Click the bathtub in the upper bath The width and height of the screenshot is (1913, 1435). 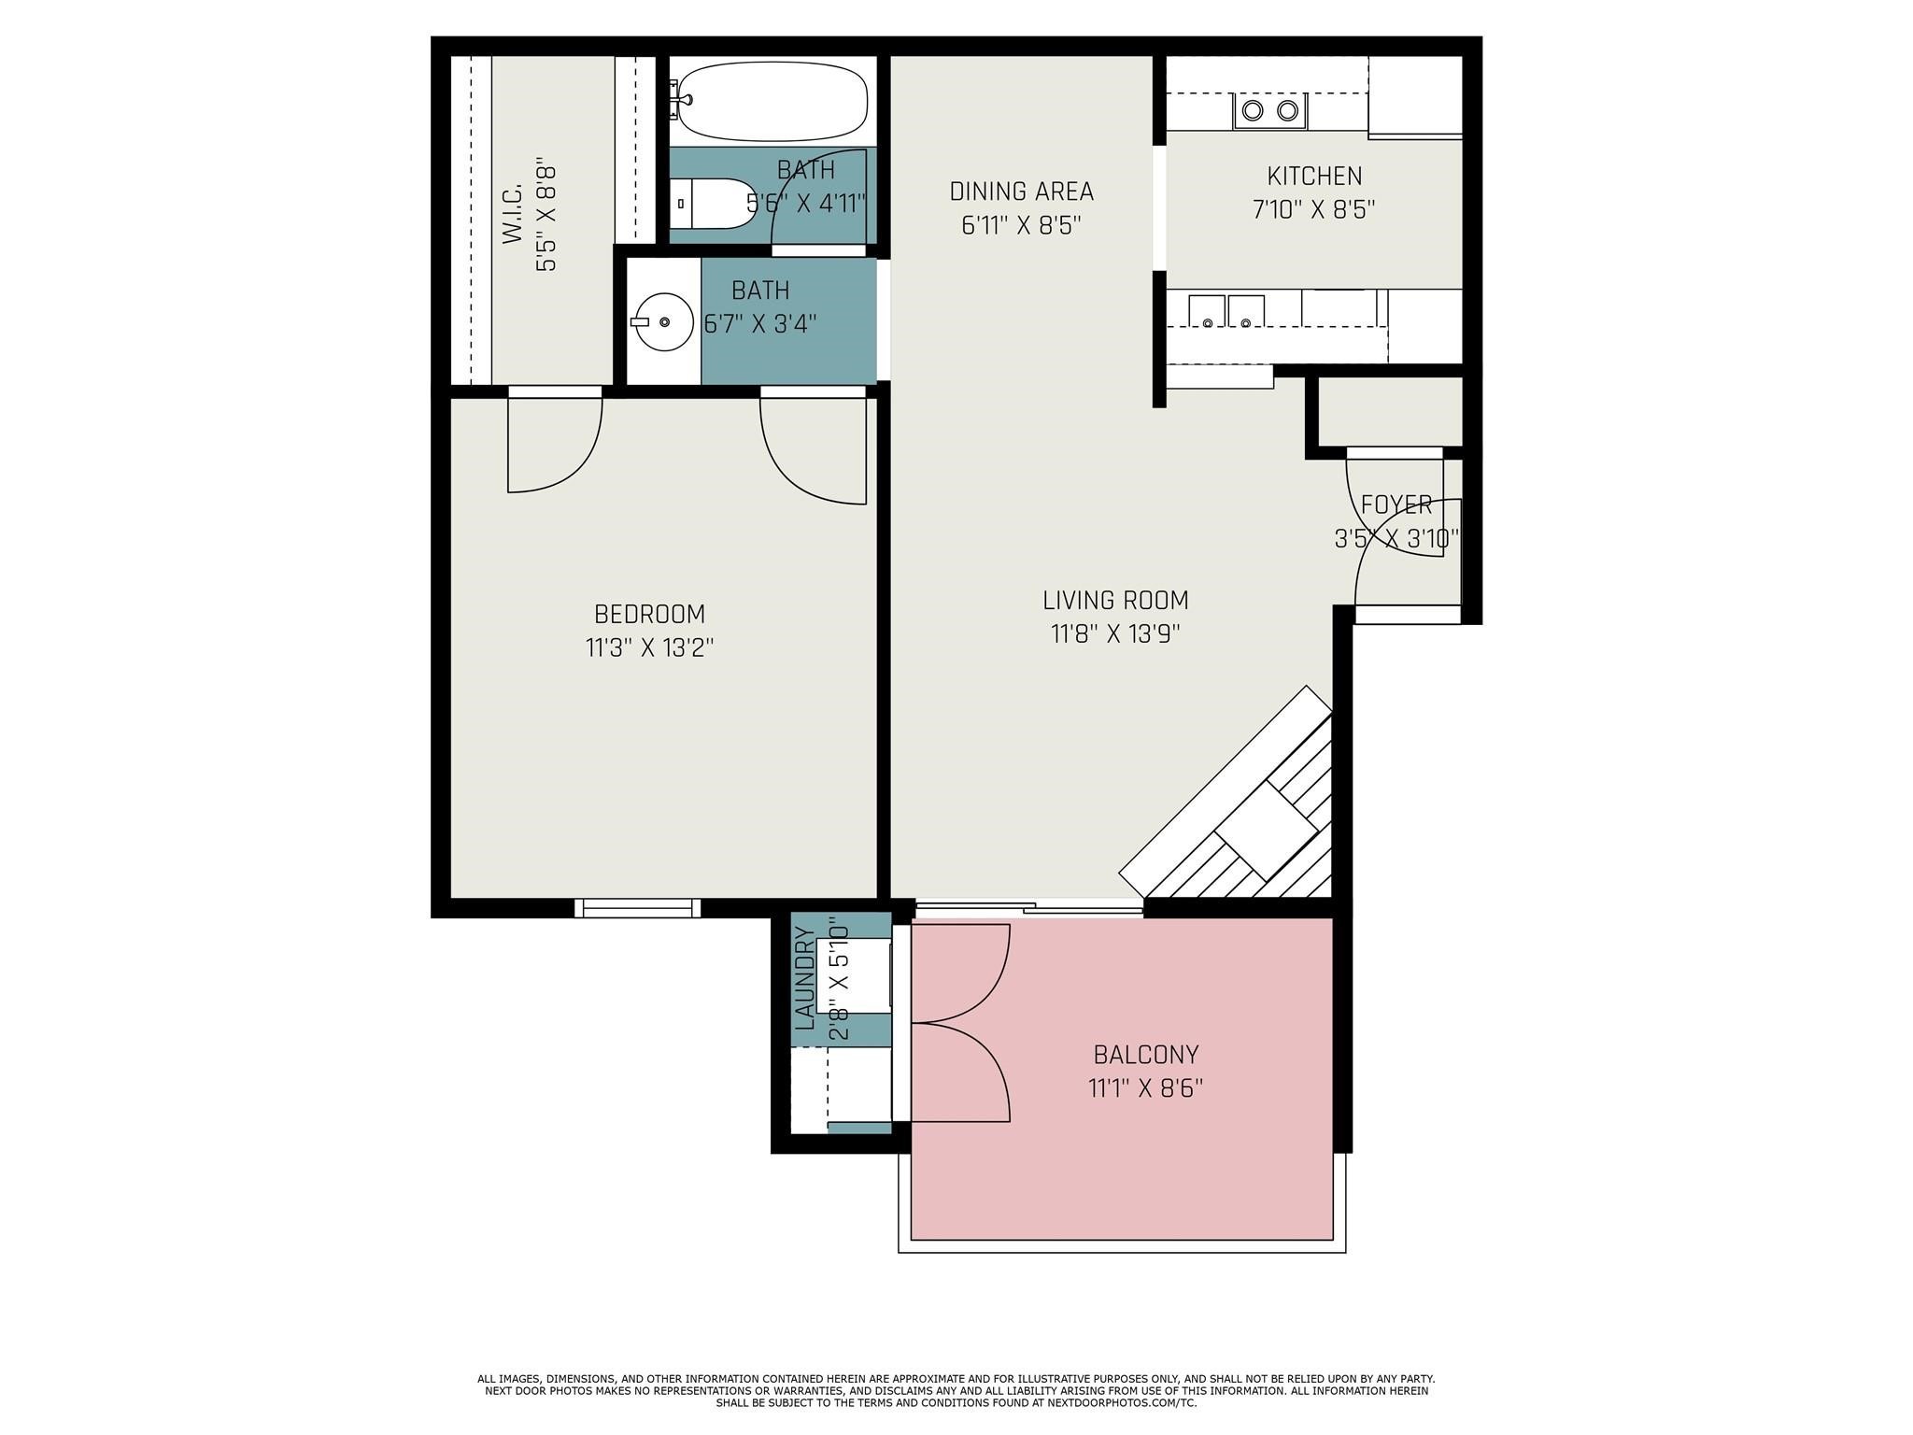pyautogui.click(x=773, y=100)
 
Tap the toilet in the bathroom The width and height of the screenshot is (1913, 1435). pyautogui.click(x=711, y=203)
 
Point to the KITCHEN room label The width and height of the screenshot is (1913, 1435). pyautogui.click(x=1313, y=176)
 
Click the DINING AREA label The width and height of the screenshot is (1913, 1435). pyautogui.click(x=1021, y=192)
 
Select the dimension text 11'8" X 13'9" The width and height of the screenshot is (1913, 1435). pyautogui.click(x=1115, y=634)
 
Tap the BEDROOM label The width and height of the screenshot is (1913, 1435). pyautogui.click(x=649, y=614)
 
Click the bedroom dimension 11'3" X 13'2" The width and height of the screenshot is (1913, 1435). pyautogui.click(x=649, y=647)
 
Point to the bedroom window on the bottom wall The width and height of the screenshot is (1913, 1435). pyautogui.click(x=637, y=907)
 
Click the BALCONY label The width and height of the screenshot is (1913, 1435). pyautogui.click(x=1145, y=1055)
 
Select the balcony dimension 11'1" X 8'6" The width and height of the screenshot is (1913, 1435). pyautogui.click(x=1145, y=1088)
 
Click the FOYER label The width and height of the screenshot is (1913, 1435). pyautogui.click(x=1396, y=505)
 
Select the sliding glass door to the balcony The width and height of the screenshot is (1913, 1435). pyautogui.click(x=1027, y=907)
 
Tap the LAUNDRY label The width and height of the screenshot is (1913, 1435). pyautogui.click(x=804, y=977)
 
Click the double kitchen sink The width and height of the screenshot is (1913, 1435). pyautogui.click(x=1226, y=310)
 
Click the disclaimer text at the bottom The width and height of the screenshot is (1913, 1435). pyautogui.click(x=956, y=1390)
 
